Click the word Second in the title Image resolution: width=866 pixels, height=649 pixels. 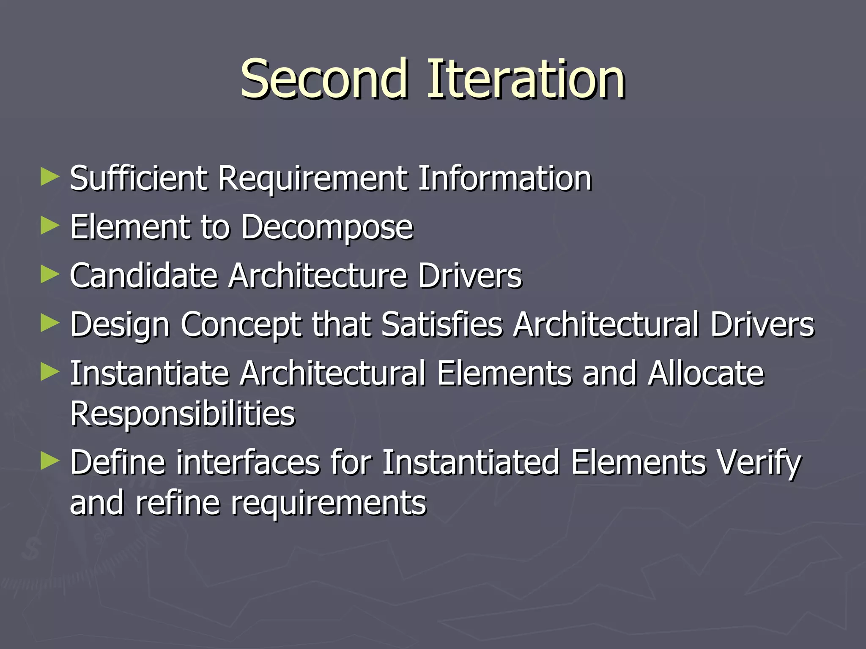pyautogui.click(x=324, y=79)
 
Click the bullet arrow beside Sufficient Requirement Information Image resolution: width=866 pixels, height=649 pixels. pyautogui.click(x=50, y=177)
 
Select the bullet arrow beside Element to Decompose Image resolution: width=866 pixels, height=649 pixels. pyautogui.click(x=50, y=226)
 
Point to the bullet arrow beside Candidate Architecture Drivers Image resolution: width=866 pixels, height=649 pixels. pyautogui.click(x=50, y=275)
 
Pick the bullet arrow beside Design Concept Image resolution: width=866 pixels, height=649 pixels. pyautogui.click(x=50, y=324)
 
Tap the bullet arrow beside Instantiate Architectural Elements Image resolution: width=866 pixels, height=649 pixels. pyautogui.click(x=50, y=373)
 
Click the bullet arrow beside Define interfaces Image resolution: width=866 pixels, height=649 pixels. pyautogui.click(x=50, y=461)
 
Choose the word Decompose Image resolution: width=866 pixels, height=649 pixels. pyautogui.click(x=327, y=228)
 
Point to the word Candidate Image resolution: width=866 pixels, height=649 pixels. pyautogui.click(x=144, y=276)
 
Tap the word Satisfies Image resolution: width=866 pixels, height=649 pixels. pyautogui.click(x=442, y=324)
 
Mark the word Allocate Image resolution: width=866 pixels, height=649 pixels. pyautogui.click(x=706, y=374)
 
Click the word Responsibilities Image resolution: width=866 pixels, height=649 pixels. pyautogui.click(x=183, y=414)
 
